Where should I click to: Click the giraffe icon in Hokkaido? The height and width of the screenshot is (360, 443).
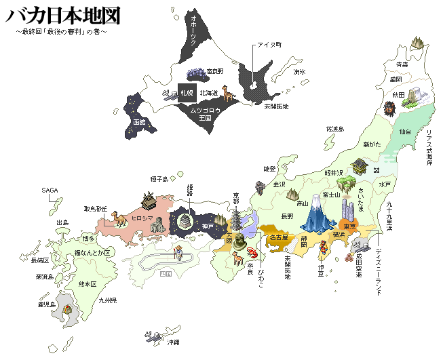227,94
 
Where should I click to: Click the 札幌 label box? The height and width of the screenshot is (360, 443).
187,92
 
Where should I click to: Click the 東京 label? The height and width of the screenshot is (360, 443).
348,226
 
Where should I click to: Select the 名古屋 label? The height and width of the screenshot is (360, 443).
278,238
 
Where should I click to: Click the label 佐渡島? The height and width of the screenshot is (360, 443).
335,128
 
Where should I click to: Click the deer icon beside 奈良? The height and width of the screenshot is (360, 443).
239,258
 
